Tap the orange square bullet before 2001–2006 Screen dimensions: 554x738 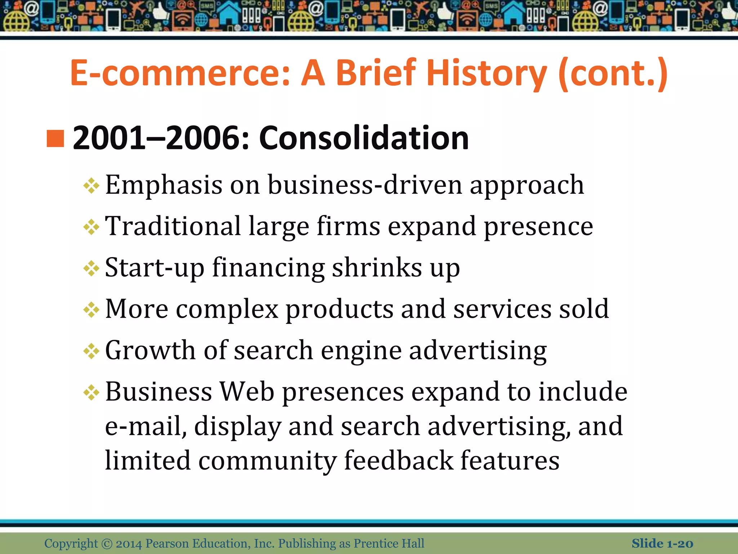55,139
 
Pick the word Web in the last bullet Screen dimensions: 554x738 247,392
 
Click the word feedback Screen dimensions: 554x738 398,461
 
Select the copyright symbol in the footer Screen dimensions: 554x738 107,544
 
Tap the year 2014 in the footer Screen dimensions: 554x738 129,544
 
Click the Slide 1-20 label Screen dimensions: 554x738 662,544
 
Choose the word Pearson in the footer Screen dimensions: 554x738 167,544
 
